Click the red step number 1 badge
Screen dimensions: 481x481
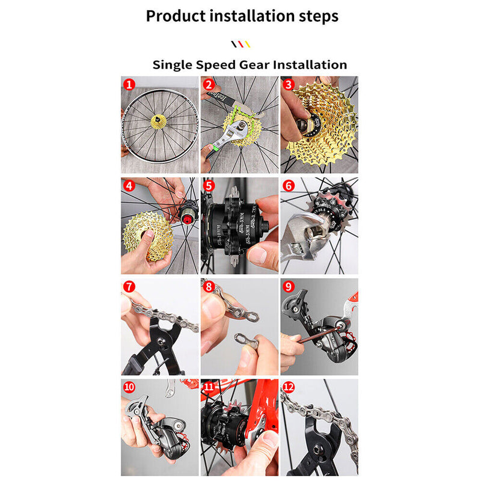pyautogui.click(x=128, y=85)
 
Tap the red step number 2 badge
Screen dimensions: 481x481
pyautogui.click(x=208, y=85)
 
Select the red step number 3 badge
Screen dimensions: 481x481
pyautogui.click(x=288, y=85)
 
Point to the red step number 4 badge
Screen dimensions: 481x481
pyautogui.click(x=128, y=185)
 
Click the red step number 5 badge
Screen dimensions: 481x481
pyautogui.click(x=208, y=185)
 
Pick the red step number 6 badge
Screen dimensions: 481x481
pyautogui.click(x=288, y=185)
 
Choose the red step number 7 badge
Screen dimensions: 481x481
pyautogui.click(x=128, y=286)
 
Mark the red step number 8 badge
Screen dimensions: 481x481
pyautogui.click(x=208, y=286)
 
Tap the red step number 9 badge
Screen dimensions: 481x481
pyautogui.click(x=288, y=286)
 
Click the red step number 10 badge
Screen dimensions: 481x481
pyautogui.click(x=129, y=387)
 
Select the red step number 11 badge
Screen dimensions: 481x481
pyautogui.click(x=209, y=387)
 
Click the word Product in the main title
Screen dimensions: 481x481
pyautogui.click(x=176, y=16)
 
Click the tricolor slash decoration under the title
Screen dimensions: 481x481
pyautogui.click(x=240, y=44)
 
